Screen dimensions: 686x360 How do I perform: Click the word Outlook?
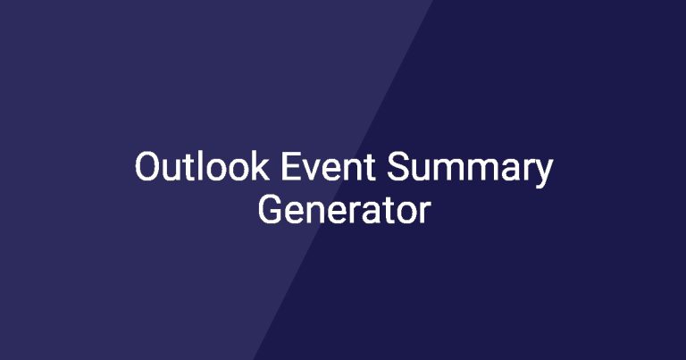click(x=202, y=166)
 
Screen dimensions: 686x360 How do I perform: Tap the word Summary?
click(x=470, y=170)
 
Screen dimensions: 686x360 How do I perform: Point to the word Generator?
click(x=344, y=210)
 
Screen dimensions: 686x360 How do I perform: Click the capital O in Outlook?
click(x=146, y=167)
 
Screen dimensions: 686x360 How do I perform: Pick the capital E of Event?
click(x=290, y=167)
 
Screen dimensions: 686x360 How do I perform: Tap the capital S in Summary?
click(x=397, y=167)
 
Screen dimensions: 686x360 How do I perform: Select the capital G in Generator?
click(x=270, y=210)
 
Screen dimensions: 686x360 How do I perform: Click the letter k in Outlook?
click(x=259, y=166)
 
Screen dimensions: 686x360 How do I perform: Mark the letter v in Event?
click(x=314, y=170)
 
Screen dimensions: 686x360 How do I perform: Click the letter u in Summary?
click(x=422, y=171)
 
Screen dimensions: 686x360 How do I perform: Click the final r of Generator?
click(x=425, y=213)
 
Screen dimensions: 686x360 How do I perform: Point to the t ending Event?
click(x=370, y=168)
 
